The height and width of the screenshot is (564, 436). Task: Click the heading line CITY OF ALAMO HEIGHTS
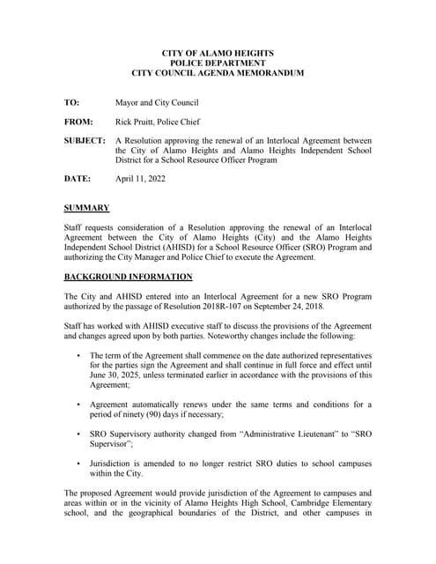218,54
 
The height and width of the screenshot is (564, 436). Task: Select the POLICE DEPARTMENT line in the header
218,63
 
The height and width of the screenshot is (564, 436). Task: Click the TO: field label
71,103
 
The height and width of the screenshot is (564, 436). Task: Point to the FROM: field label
78,122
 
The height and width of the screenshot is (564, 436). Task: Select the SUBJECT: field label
85,141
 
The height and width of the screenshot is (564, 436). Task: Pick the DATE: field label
77,179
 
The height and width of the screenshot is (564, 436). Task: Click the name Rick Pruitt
138,122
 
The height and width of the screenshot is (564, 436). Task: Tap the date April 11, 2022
140,179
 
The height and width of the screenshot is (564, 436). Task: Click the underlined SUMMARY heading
86,208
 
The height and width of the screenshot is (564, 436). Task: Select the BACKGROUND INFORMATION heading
128,277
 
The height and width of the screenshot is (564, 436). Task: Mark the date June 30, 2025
120,375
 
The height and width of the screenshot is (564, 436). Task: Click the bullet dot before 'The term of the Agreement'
78,355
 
